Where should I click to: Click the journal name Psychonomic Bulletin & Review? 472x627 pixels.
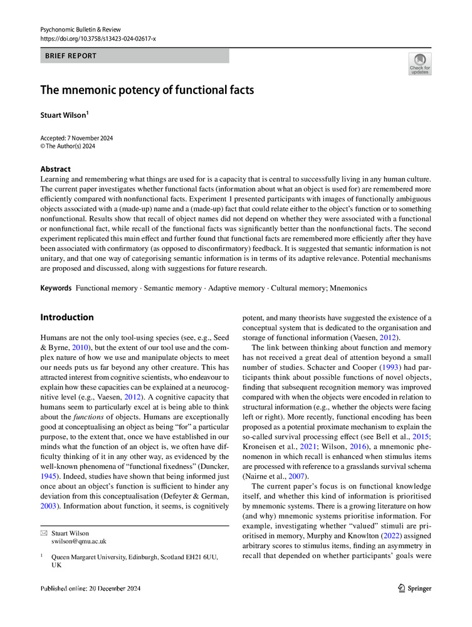(x=81, y=29)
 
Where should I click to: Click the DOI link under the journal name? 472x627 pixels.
(x=98, y=39)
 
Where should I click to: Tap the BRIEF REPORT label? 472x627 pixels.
(x=71, y=56)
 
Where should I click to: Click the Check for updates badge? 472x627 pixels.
(x=419, y=65)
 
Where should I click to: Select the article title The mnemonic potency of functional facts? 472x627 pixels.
(x=147, y=90)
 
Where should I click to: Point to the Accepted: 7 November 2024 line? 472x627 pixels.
(x=76, y=139)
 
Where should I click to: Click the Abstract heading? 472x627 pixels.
(x=56, y=169)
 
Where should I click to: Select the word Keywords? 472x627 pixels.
(x=56, y=288)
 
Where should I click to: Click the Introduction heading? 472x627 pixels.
(x=67, y=317)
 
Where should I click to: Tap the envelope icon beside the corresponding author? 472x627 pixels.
(x=44, y=533)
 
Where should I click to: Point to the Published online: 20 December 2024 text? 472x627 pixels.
(x=90, y=587)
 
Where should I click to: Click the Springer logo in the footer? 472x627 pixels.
(x=414, y=587)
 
